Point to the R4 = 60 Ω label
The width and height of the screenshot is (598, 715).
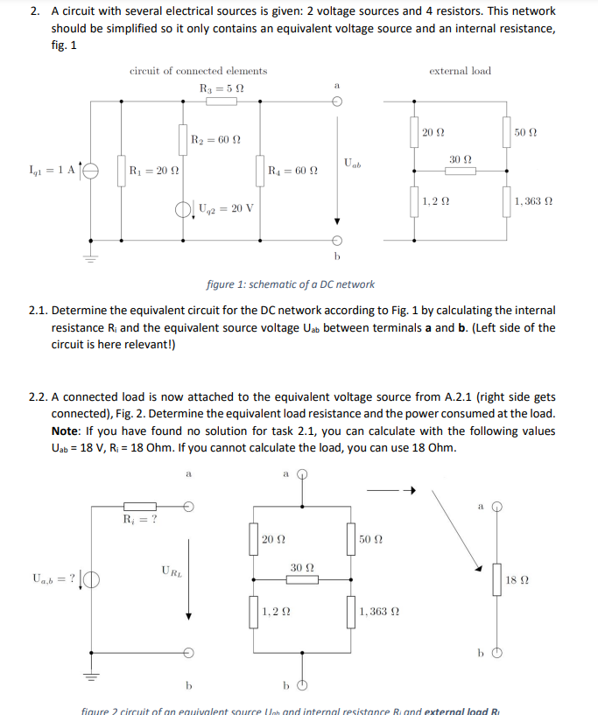(x=292, y=170)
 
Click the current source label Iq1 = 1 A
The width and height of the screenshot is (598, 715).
(x=51, y=170)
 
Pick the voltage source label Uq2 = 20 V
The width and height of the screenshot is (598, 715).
(x=226, y=209)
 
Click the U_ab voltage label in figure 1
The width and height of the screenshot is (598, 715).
(x=353, y=163)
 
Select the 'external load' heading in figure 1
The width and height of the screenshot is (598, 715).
(x=461, y=71)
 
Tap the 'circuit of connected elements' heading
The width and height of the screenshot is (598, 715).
(x=199, y=71)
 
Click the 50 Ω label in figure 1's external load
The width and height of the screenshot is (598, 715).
(x=527, y=132)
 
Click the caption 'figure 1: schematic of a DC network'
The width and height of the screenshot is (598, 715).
(x=290, y=284)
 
